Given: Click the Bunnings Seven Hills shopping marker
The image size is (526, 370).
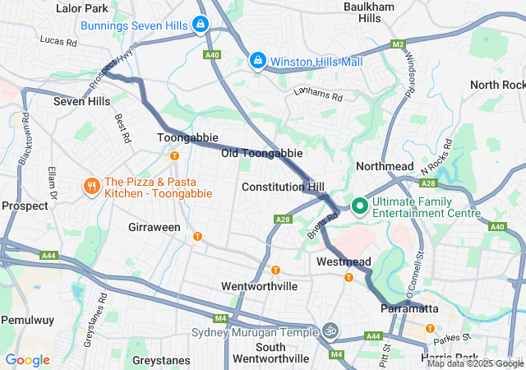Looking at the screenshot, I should coord(200,25).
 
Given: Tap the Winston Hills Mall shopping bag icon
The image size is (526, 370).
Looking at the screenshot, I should coord(258,61).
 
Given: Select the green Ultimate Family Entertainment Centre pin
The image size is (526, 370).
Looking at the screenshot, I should coord(359,206).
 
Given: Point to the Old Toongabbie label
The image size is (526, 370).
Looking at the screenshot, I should coord(261,154).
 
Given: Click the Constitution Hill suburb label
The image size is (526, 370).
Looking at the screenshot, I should coord(283,187).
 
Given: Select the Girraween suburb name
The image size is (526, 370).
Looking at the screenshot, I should coord(155,227).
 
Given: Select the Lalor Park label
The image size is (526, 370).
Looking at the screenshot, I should coord(81,8).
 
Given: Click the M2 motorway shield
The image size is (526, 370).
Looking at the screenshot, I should coord(399,44).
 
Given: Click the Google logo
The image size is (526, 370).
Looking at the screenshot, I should coord(27,359).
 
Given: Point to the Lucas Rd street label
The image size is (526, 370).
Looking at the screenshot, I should coord(58,39).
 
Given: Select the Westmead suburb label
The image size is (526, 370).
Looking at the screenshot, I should coord(344,261).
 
